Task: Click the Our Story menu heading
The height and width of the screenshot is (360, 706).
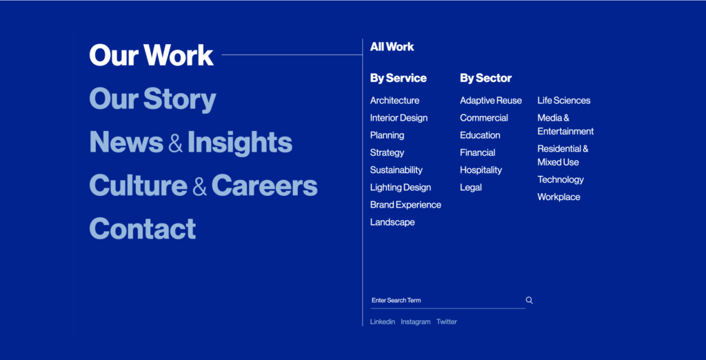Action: tap(152, 99)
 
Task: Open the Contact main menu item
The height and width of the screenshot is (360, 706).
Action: tap(142, 228)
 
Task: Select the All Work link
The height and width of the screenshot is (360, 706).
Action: tap(392, 47)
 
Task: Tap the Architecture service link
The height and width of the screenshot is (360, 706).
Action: tap(394, 101)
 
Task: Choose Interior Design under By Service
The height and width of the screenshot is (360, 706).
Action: tap(399, 118)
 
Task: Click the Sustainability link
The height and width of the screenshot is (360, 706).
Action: tap(396, 170)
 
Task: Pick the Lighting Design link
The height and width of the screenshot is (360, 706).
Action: tap(401, 188)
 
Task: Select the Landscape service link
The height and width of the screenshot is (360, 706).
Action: tap(392, 222)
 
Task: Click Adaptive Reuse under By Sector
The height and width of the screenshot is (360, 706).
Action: tap(491, 101)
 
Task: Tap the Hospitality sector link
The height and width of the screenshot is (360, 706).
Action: tap(481, 170)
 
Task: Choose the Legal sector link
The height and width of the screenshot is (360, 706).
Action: tap(470, 188)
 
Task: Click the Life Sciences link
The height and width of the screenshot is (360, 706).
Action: tap(564, 101)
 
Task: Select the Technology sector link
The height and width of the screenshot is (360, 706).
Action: tap(561, 180)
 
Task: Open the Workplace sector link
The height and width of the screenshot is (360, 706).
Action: tap(558, 197)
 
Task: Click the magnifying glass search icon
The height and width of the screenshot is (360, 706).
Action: tap(529, 301)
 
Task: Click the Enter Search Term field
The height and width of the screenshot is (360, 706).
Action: tap(447, 301)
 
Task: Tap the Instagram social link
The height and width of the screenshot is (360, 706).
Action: tap(416, 321)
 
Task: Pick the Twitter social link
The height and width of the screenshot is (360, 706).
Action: tap(447, 321)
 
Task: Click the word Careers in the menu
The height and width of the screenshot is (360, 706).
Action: tap(264, 186)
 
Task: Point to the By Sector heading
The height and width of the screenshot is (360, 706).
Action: tap(486, 79)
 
